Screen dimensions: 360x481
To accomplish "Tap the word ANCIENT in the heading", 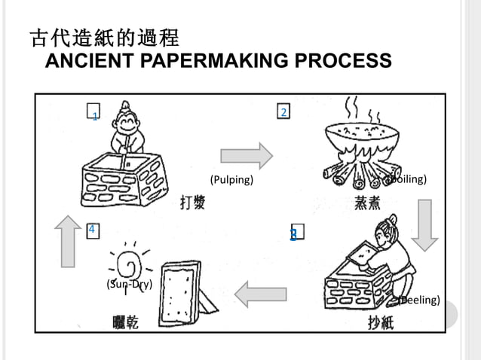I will (x=82, y=61).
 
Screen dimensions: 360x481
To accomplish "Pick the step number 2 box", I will (x=283, y=112).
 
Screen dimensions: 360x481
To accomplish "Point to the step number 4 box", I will (x=93, y=229).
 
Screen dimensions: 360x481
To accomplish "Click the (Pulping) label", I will (x=231, y=180).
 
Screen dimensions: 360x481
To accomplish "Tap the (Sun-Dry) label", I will (x=130, y=284).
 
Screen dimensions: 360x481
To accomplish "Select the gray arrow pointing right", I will (x=246, y=155).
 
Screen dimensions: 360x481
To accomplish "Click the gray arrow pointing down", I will (x=424, y=224).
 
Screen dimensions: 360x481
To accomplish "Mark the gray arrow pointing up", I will (x=68, y=240).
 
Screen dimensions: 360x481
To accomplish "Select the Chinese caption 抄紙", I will (x=380, y=322).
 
